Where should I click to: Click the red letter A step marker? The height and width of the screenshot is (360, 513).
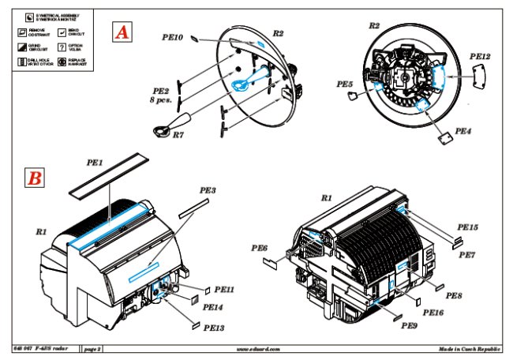pos(122,32)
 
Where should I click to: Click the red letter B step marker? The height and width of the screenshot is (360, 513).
pos(35,178)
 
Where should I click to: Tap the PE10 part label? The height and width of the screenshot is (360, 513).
pos(173,37)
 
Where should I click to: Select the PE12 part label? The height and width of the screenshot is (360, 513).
pos(480,57)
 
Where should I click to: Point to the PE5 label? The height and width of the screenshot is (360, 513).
pos(344,83)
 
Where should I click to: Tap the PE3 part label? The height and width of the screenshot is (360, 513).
pos(208,191)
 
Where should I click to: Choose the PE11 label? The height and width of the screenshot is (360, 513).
pos(224,289)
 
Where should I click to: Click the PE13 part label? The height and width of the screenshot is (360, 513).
pos(214,327)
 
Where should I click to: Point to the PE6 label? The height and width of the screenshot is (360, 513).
pos(260,249)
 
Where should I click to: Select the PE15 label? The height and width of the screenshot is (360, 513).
pos(469,227)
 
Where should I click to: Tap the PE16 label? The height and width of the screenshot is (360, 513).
pos(432,313)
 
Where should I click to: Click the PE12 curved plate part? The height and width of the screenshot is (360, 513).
pos(477,73)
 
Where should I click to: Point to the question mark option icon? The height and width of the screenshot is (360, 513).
pos(61,47)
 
